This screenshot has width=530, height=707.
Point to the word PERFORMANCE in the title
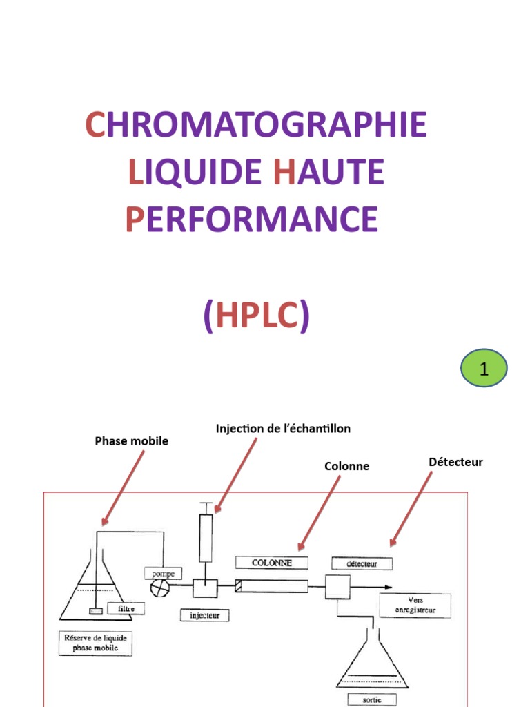[x=252, y=220]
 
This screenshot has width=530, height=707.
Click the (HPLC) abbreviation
[x=256, y=316]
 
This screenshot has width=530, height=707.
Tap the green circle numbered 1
[x=484, y=368]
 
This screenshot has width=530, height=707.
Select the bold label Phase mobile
[x=131, y=441]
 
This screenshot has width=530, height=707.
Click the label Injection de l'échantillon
[x=283, y=429]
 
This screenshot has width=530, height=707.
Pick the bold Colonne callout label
[x=346, y=467]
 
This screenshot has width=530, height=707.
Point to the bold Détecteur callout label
[x=455, y=462]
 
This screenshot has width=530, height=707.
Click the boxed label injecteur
[x=204, y=614]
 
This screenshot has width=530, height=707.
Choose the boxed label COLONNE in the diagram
[x=271, y=563]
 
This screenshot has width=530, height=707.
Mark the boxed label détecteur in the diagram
[x=362, y=563]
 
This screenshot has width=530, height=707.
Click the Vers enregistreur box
[x=415, y=606]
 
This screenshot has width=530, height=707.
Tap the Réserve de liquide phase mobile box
[x=96, y=643]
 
